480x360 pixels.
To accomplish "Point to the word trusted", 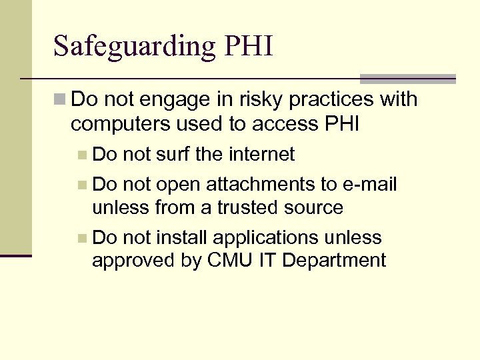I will pyautogui.click(x=247, y=208).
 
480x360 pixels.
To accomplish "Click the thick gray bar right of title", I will pyautogui.click(x=407, y=79).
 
